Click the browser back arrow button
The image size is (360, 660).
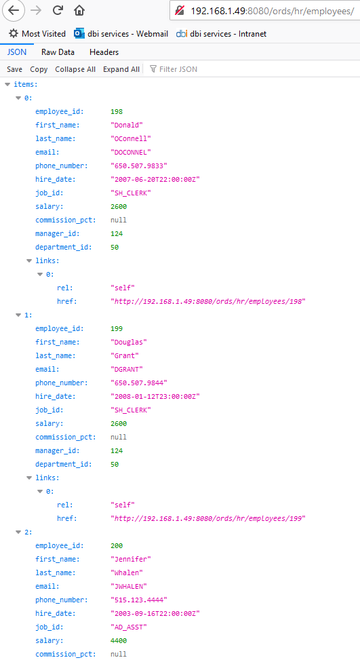[x=14, y=11]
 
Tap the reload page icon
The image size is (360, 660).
[x=58, y=11]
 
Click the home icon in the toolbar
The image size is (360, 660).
[x=79, y=11]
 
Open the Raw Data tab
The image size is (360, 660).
[x=58, y=52]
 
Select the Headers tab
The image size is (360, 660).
[x=104, y=52]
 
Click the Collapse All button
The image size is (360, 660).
[x=75, y=69]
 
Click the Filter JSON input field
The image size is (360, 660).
[x=178, y=69]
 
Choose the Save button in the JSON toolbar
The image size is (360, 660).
[x=15, y=69]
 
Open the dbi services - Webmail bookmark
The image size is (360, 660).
[x=121, y=34]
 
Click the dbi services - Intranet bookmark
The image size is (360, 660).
[x=221, y=34]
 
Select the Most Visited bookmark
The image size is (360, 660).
[x=37, y=34]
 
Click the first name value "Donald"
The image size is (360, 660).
[x=127, y=125]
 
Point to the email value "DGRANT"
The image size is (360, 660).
[x=127, y=369]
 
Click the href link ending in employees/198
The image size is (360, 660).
[x=207, y=301]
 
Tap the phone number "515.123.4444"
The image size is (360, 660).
[x=139, y=600]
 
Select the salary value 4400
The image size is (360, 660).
[x=119, y=640]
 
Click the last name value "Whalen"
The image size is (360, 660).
[x=127, y=572]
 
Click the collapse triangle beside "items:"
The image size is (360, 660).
[x=7, y=85]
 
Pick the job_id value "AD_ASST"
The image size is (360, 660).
[x=129, y=627]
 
